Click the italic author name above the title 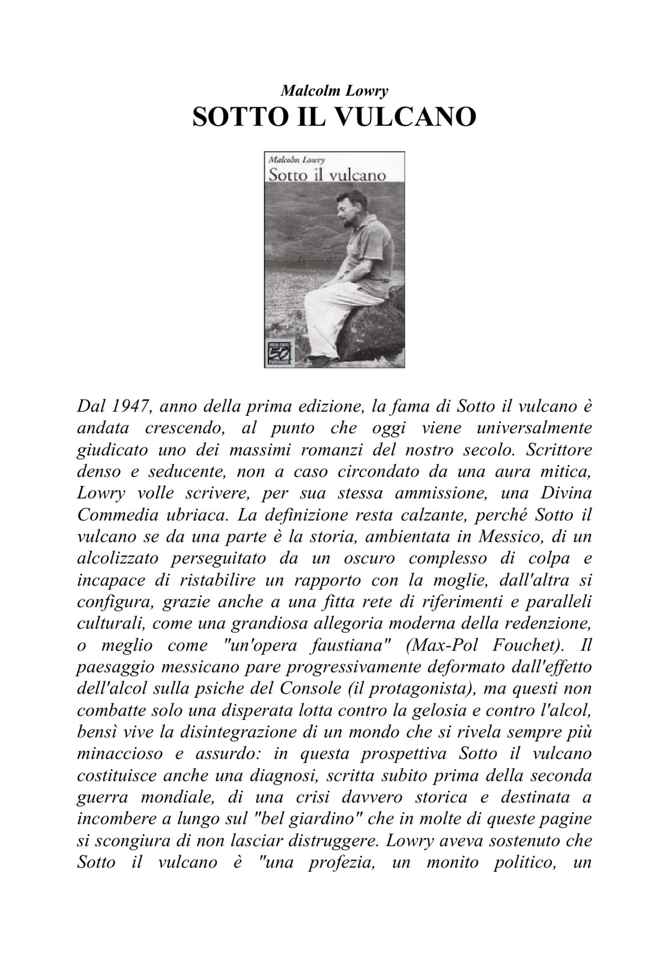pyautogui.click(x=334, y=91)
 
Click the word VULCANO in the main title pyautogui.click(x=402, y=116)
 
